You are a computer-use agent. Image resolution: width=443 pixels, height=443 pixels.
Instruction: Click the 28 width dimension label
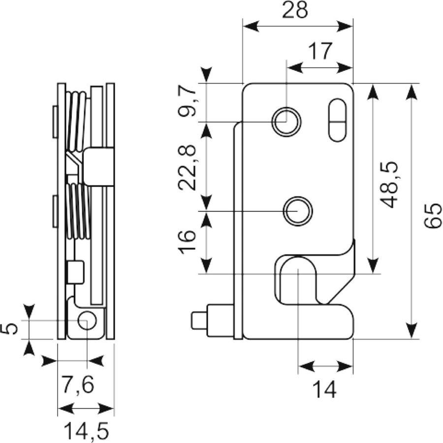(295, 10)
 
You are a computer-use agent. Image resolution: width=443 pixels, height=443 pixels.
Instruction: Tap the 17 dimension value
(320, 51)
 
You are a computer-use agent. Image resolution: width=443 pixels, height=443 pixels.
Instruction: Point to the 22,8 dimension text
(187, 167)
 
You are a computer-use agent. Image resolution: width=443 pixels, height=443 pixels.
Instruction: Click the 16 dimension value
(187, 242)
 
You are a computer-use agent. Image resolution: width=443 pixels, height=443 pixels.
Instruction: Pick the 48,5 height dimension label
(389, 185)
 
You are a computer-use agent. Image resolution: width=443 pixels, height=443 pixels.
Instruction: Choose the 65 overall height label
(432, 215)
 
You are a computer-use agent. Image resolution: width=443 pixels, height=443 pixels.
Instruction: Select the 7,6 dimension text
(78, 384)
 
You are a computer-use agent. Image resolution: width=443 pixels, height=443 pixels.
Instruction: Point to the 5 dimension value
(9, 329)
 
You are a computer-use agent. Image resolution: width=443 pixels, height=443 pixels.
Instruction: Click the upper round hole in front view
(286, 122)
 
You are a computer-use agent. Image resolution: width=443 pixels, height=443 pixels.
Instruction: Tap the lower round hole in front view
(298, 211)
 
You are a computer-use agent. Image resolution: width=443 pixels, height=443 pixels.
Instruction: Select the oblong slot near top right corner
(338, 120)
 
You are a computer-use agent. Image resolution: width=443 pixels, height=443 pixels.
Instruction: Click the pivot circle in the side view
(87, 320)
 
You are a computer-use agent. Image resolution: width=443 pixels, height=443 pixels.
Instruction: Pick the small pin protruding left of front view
(199, 320)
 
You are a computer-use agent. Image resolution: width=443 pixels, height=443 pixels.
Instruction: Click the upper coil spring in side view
(76, 122)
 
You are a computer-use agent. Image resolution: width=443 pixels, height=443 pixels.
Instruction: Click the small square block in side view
(76, 272)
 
